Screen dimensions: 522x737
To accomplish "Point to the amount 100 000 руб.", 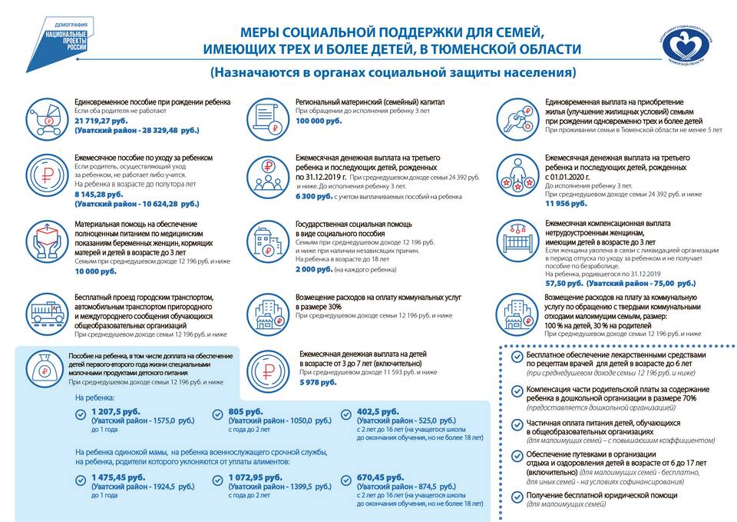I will tap(319, 121).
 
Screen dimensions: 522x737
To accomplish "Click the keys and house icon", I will tap(517, 117).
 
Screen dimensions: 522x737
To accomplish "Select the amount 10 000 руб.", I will tap(95, 271).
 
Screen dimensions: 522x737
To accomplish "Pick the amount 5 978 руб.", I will tap(318, 382).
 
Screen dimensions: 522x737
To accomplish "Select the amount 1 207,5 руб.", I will tap(112, 411).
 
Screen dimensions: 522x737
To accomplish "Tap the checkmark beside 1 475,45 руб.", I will tap(81, 480).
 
